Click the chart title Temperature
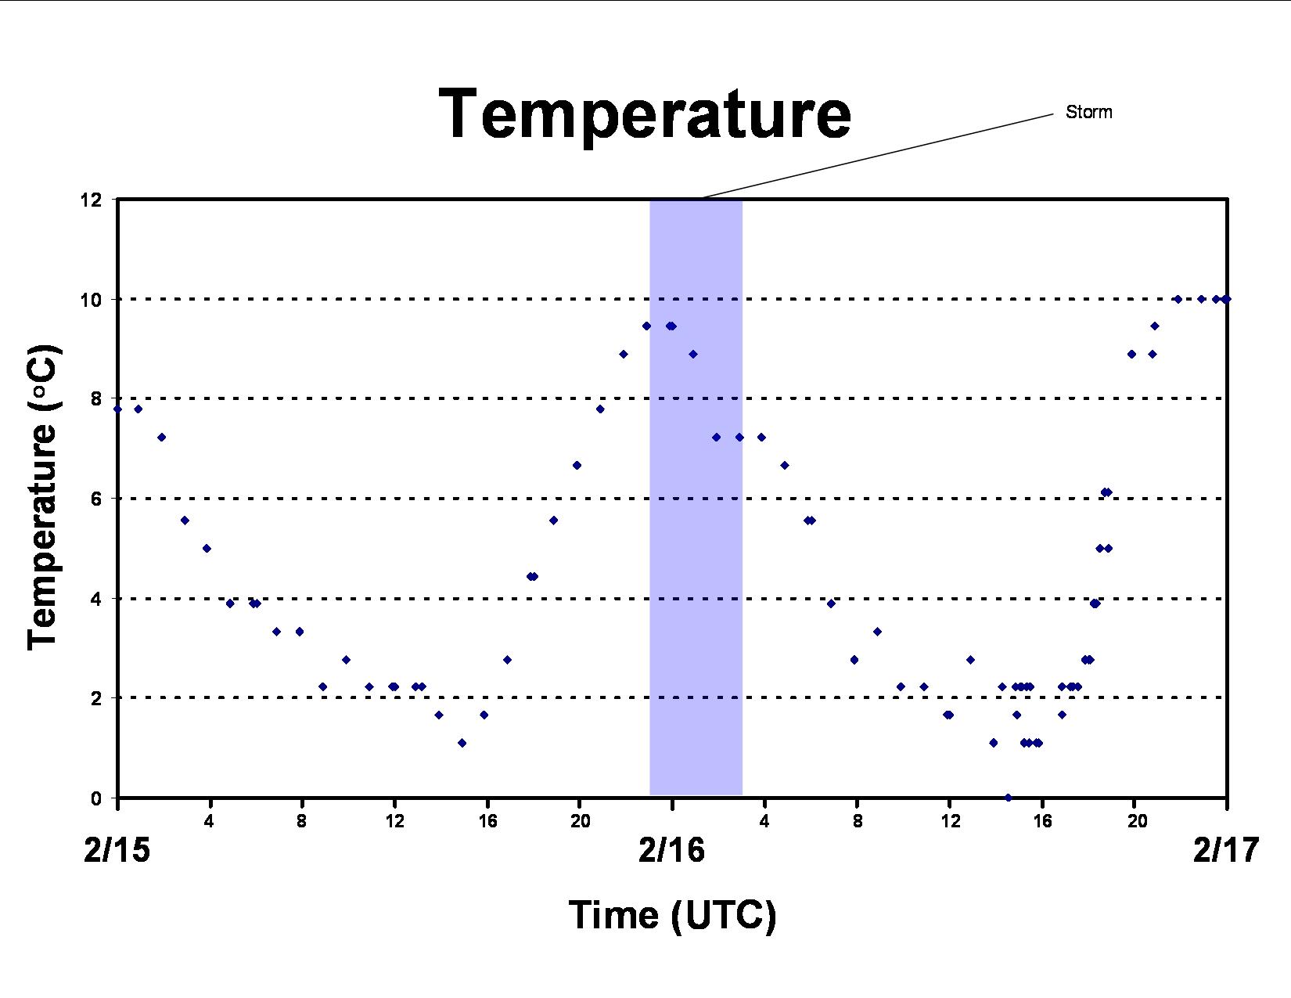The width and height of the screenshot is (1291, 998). point(645,115)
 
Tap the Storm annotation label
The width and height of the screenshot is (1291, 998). point(1088,112)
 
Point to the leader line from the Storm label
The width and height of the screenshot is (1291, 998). point(878,155)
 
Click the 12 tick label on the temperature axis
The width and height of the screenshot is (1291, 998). point(90,200)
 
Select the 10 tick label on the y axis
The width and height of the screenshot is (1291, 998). point(90,300)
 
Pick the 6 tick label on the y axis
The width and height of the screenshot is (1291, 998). point(95,499)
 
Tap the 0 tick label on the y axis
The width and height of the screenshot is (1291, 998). point(95,798)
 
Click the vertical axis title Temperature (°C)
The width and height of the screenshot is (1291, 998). point(43,497)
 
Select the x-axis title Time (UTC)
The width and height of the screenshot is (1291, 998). point(673,915)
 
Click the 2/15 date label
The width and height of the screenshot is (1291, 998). point(117,849)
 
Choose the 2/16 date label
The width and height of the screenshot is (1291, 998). point(671,849)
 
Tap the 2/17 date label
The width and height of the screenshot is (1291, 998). point(1226,849)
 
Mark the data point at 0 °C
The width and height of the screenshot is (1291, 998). point(1009,797)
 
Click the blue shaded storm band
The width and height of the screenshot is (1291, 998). point(696,498)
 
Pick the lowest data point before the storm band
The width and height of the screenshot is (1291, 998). point(462,743)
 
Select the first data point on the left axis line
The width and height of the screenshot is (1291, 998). point(117,409)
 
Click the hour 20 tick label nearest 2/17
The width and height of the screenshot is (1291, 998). point(1137,821)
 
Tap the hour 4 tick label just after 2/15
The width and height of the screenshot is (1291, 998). point(209,821)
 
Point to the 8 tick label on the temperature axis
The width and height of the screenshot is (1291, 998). point(95,399)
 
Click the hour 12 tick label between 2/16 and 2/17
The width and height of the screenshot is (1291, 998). point(951,821)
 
